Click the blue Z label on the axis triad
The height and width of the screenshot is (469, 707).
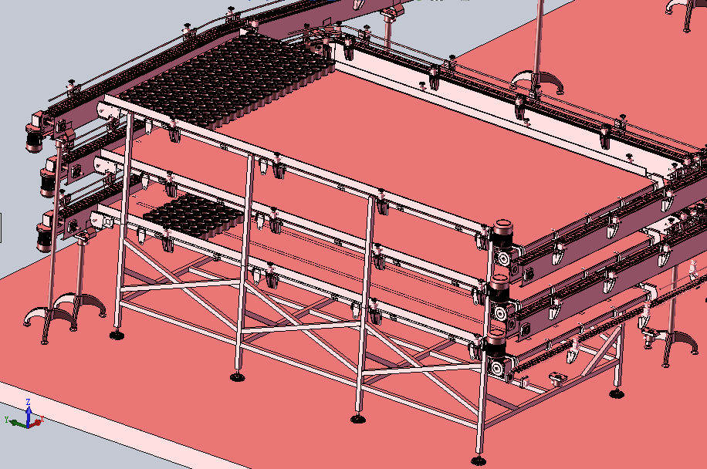point(28,401)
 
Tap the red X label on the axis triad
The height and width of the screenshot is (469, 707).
point(42,419)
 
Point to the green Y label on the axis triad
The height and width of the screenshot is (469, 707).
point(7,420)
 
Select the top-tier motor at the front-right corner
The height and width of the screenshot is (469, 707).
point(502,234)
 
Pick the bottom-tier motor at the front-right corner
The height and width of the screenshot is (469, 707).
point(496,341)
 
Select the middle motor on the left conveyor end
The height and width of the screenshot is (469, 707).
point(49,183)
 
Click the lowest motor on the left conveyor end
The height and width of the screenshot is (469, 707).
point(45,237)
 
